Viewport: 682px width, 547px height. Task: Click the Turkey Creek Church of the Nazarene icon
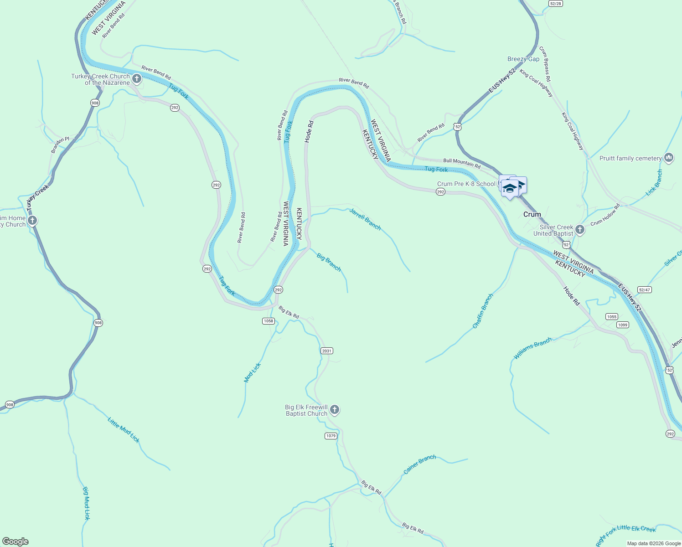137,79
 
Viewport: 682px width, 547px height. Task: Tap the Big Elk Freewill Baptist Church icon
335,410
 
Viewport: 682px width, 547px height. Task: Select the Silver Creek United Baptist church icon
580,230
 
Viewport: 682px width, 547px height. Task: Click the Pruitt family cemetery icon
669,158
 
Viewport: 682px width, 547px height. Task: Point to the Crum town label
532,214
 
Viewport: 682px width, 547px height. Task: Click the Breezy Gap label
523,59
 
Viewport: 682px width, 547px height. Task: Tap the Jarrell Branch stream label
365,218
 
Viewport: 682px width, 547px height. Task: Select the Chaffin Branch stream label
483,311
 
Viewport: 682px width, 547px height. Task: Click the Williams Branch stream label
532,348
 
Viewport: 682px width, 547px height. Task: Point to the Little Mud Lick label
124,429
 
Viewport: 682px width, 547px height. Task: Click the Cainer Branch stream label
420,464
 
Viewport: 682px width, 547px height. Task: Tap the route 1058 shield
269,321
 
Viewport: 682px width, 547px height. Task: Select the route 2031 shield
327,351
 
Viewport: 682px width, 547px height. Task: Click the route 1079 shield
331,436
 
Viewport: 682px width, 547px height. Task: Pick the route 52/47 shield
645,289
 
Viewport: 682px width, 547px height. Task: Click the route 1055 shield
612,316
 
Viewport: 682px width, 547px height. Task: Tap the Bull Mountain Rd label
462,163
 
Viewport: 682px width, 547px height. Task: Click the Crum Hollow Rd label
605,215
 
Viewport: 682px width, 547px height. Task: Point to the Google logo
15,542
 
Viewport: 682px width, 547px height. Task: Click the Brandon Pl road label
60,145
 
